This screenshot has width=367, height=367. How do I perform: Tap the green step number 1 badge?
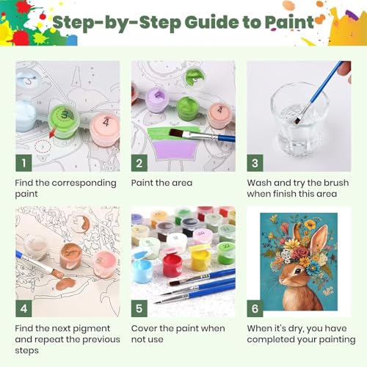23,163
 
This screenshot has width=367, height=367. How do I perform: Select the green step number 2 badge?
139,163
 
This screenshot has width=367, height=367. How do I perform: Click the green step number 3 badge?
255,163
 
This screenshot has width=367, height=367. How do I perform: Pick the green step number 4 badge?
23,308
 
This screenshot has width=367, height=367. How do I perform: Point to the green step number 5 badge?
139,308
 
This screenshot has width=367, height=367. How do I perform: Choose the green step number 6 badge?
255,308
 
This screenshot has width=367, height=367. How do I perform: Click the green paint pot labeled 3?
64,121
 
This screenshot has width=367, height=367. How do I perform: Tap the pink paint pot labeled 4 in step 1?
105,128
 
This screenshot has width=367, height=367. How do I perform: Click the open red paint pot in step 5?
172,265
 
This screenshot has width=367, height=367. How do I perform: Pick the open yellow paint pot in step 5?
201,259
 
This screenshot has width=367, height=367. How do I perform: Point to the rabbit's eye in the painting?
298,271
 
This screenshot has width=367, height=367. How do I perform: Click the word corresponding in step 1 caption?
84,183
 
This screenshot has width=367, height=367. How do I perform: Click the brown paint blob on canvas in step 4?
65,283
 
